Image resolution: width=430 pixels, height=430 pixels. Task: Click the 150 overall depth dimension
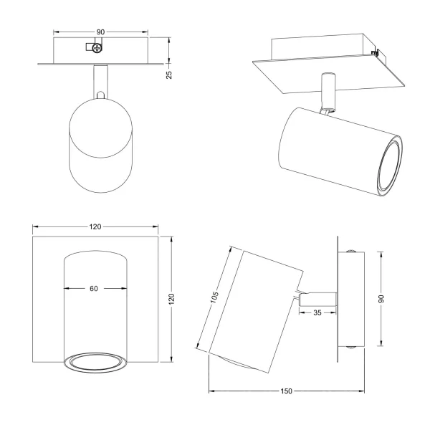[x=285, y=392]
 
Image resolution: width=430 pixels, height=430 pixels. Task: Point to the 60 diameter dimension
[x=94, y=289]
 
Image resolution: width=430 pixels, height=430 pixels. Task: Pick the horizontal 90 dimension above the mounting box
[x=101, y=32]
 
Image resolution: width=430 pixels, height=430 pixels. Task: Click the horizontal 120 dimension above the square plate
[x=95, y=226]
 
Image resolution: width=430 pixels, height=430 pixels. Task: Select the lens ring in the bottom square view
[x=94, y=363]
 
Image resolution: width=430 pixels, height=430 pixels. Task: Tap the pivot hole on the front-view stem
[x=100, y=93]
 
